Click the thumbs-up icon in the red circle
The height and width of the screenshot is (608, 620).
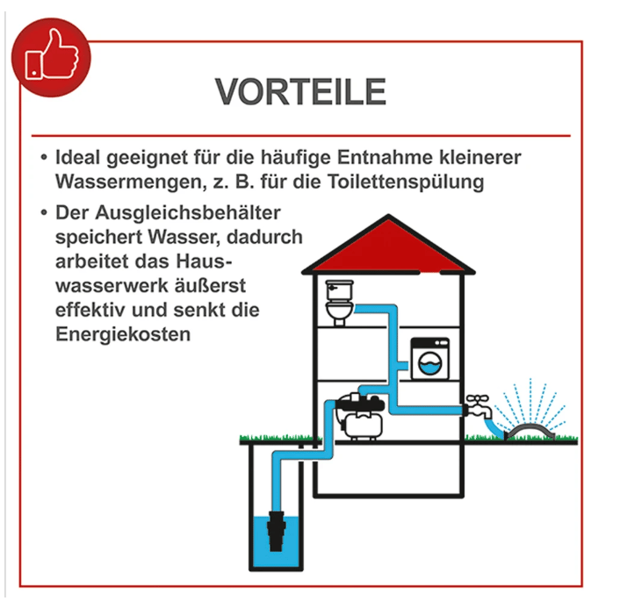point(52,55)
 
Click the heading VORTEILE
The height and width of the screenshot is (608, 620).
point(300,91)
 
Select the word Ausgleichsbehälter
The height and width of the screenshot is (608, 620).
point(188,213)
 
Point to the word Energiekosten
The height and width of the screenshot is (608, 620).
point(123,334)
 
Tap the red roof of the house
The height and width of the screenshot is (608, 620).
point(388,245)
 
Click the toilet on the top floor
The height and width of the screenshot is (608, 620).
point(339,303)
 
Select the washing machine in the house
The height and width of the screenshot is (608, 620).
point(429,359)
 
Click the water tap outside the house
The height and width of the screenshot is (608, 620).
point(479,407)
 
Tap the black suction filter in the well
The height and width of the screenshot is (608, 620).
point(276,531)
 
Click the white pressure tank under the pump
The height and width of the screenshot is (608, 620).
point(363,426)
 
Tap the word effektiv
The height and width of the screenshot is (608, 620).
point(90,310)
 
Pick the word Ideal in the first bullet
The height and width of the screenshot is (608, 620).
point(78,157)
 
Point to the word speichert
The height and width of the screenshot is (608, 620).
point(98,238)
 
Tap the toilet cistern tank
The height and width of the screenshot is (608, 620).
point(339,290)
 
